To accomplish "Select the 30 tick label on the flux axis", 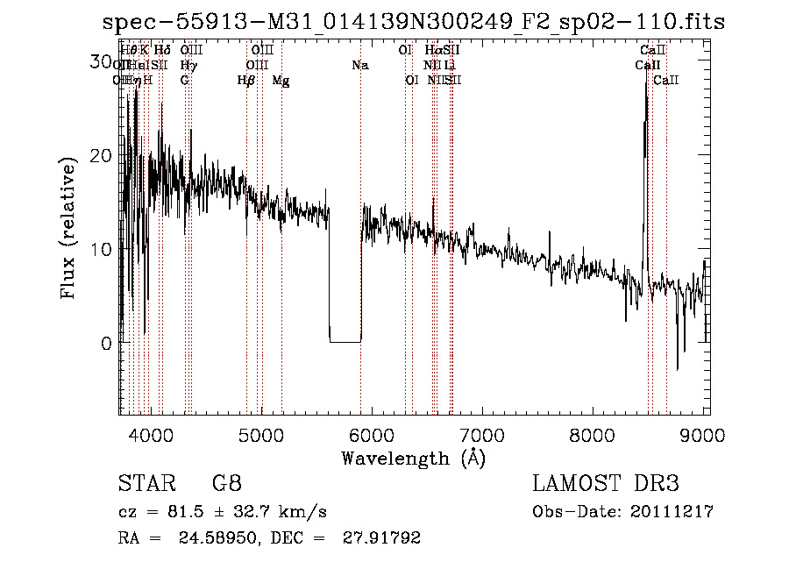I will pos(102,62).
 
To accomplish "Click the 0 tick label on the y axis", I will pos(107,343).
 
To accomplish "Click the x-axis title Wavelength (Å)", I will pos(413,458).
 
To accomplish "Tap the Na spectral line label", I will pos(360,66).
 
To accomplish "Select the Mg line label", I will pos(281,81).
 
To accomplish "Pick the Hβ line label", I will pos(245,81).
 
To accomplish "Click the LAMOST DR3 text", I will pos(605,484).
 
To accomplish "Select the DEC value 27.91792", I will pos(382,538).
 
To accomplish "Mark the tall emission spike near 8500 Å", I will pos(646,96).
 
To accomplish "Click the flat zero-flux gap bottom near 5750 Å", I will pos(345,341).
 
